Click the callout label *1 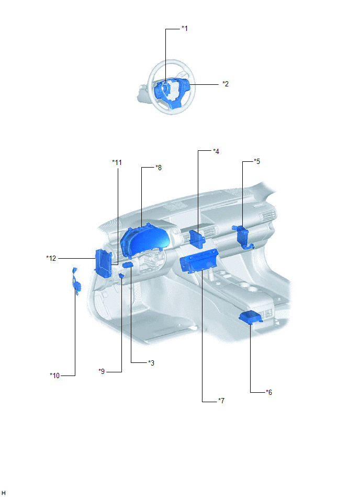pos(185,28)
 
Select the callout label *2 pos(226,84)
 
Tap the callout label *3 pos(151,362)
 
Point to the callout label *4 pos(216,151)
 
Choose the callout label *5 pos(257,161)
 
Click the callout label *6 pos(269,392)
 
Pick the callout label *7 pos(221,401)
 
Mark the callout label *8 pos(159,168)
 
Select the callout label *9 pos(102,371)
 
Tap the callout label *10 pos(55,375)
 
